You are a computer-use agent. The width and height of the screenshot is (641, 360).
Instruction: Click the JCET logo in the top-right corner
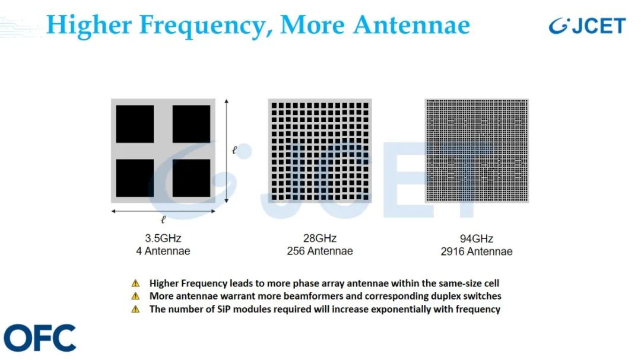[587, 26]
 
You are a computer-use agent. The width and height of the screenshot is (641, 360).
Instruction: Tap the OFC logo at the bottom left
[40, 338]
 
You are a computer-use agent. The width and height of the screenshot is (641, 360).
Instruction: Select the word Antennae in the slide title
[412, 25]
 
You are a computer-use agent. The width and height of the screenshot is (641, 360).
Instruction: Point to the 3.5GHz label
[163, 238]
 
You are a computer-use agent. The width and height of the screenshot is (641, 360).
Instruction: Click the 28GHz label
[320, 238]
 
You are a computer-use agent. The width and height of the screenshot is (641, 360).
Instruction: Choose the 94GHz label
[476, 238]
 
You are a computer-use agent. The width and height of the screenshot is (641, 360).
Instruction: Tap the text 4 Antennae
[163, 251]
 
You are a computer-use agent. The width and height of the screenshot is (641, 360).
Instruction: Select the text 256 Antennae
[320, 251]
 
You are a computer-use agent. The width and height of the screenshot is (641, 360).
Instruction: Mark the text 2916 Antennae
[476, 251]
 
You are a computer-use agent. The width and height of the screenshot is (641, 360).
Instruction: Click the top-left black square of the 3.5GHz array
[135, 124]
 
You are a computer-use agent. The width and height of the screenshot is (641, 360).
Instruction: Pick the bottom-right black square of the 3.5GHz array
[191, 178]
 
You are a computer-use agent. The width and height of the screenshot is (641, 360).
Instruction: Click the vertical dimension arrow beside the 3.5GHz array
[227, 151]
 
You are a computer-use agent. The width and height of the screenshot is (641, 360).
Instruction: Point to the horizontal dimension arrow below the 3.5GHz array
[163, 211]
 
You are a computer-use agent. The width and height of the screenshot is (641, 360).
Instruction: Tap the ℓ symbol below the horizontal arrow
[163, 220]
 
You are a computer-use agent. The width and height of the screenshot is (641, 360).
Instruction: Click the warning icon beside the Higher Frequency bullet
[135, 283]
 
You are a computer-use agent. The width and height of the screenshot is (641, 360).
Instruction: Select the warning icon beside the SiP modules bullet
[135, 309]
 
